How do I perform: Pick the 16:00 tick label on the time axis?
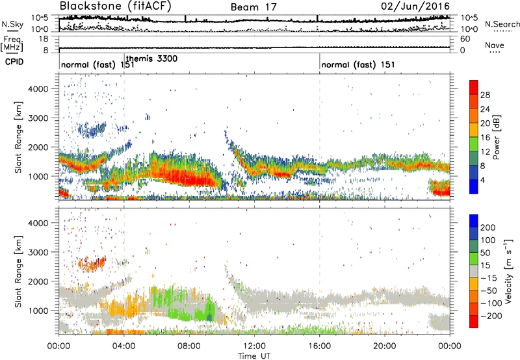click(320, 345)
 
